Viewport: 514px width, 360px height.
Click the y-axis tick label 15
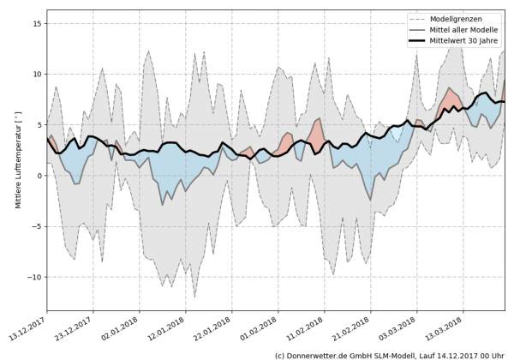click(x=37, y=24)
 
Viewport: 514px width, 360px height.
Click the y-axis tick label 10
click(x=37, y=75)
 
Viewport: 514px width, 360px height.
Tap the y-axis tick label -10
click(x=34, y=277)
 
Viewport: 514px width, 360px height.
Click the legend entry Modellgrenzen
click(x=463, y=19)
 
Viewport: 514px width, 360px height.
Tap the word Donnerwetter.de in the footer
click(x=322, y=354)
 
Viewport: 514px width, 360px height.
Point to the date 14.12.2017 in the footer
click(x=458, y=354)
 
